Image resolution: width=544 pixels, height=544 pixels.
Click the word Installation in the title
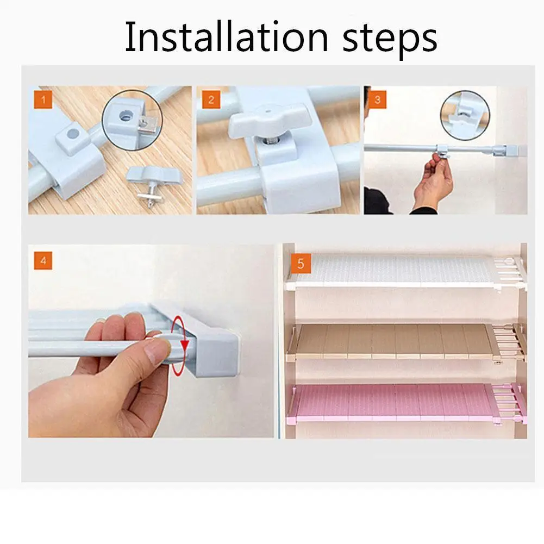[226, 37]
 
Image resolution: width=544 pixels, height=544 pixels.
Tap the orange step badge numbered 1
[43, 100]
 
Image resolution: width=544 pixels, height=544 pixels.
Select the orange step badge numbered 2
[211, 100]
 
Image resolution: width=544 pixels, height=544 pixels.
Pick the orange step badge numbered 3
[378, 100]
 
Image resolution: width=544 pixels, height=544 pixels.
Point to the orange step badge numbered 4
[43, 260]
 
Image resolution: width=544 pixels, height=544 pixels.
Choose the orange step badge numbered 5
[301, 264]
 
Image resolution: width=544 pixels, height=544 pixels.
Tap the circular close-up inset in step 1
[132, 120]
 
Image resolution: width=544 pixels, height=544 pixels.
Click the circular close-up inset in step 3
[465, 115]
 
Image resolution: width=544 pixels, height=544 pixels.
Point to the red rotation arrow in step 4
[180, 345]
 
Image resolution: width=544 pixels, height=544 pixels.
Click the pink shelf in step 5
[406, 403]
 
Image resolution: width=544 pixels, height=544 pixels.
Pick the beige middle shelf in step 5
[406, 342]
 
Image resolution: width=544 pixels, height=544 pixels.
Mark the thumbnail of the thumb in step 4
[157, 351]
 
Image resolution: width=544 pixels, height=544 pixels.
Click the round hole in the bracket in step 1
[73, 133]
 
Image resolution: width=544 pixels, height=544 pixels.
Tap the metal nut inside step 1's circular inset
[147, 125]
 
